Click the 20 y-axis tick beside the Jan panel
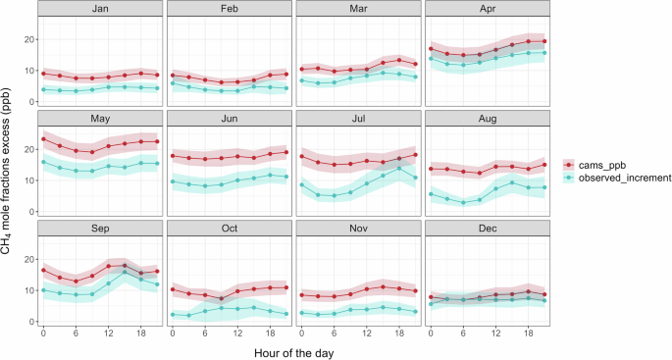click(x=26, y=39)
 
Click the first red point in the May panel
click(x=43, y=139)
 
